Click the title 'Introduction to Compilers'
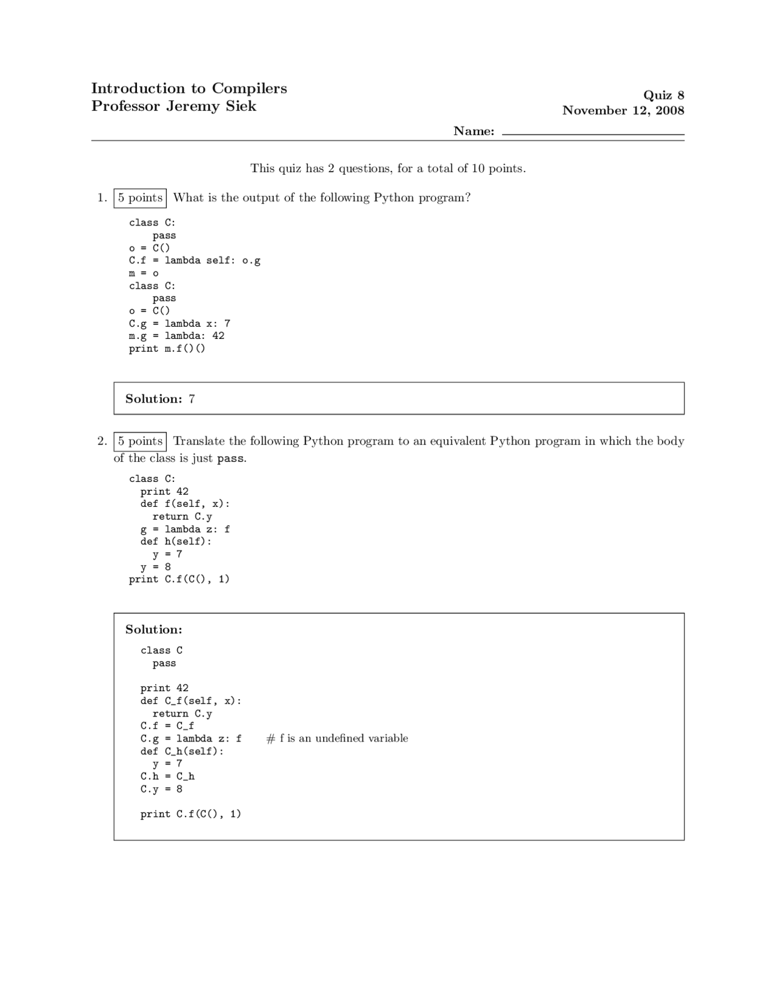click(189, 89)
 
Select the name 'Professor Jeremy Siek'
click(173, 106)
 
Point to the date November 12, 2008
click(623, 110)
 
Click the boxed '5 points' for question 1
click(140, 198)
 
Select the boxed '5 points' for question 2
click(140, 441)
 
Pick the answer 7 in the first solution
click(192, 399)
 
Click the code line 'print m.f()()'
click(167, 349)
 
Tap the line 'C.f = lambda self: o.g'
click(195, 261)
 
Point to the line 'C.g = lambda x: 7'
click(179, 324)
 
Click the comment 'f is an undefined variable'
click(337, 738)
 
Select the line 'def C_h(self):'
click(182, 751)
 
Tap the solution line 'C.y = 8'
click(161, 789)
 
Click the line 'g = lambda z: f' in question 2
click(185, 529)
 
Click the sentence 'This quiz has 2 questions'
click(388, 169)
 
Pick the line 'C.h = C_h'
click(167, 777)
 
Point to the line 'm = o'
click(144, 273)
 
